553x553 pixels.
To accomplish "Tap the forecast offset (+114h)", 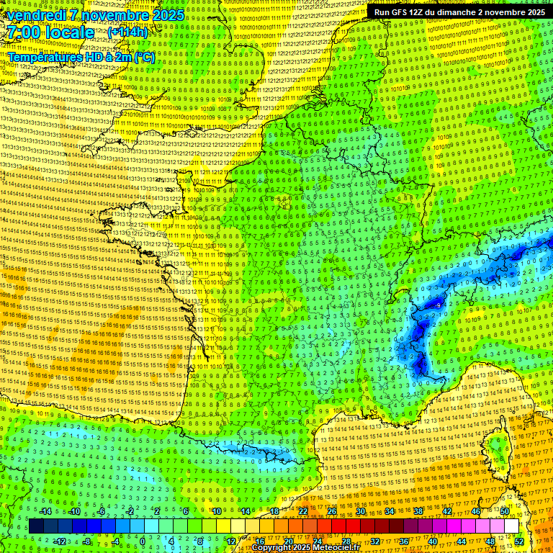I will click(x=127, y=32).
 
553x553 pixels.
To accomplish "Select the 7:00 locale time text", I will click(x=51, y=32).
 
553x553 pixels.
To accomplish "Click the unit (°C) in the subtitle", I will click(x=143, y=57).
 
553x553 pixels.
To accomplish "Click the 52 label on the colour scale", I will click(x=519, y=541).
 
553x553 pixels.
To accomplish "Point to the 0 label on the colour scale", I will click(x=143, y=541).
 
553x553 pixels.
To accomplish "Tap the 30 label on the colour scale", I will click(x=361, y=511).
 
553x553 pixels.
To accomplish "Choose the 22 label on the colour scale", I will click(x=303, y=511).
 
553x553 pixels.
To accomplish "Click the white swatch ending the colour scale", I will click(x=511, y=526).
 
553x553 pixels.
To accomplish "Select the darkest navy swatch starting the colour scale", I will click(x=36, y=526).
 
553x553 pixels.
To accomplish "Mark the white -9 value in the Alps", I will click(x=438, y=305).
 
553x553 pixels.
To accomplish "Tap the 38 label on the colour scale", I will click(x=418, y=511).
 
